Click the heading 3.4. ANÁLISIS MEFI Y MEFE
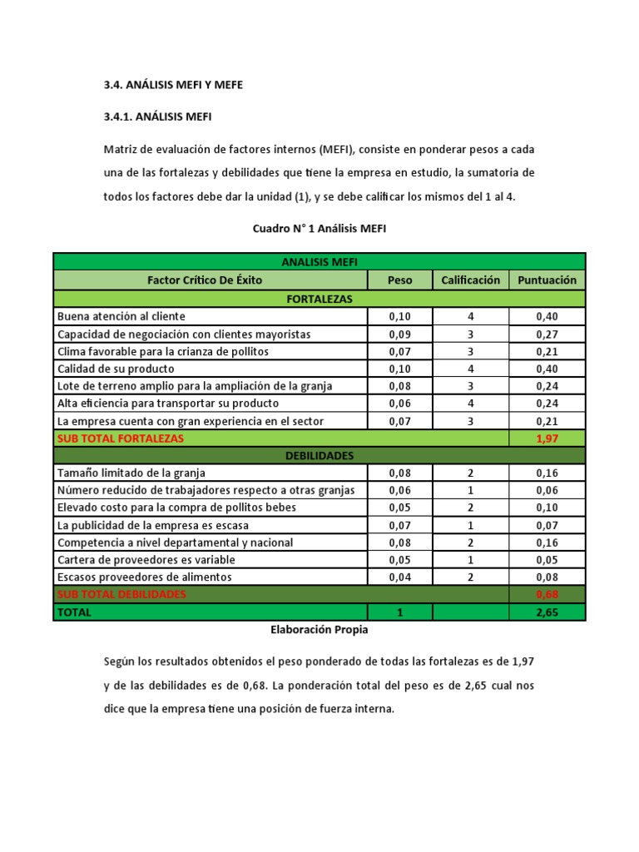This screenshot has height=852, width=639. (174, 85)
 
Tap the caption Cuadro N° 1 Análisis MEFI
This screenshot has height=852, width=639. (319, 227)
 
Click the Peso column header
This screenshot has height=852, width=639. (399, 280)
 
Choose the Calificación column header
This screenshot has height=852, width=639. (470, 280)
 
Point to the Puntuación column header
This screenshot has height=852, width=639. (547, 280)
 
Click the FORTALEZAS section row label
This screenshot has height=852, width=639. (319, 298)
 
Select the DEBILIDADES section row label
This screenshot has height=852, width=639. (319, 455)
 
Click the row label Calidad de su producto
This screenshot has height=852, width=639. (116, 369)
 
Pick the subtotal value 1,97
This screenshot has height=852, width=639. (547, 438)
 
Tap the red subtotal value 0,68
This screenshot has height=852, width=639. (547, 595)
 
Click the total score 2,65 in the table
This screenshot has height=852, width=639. (547, 612)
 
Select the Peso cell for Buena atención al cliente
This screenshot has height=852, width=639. (399, 316)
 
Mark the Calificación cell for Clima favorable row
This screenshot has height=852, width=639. (470, 351)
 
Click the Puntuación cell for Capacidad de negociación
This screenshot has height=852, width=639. (547, 334)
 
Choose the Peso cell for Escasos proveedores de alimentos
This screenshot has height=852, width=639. (399, 577)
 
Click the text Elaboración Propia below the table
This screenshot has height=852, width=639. (319, 630)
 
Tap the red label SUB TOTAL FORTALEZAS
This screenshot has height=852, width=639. (120, 438)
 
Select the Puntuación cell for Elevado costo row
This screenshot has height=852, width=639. (547, 508)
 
